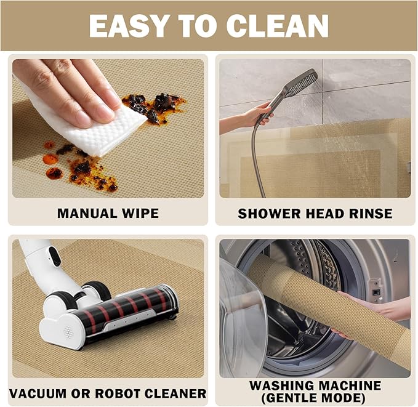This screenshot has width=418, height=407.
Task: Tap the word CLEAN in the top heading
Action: click(x=277, y=26)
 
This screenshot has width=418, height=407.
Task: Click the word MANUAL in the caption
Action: click(x=87, y=214)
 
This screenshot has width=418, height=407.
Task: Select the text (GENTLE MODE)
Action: click(x=313, y=398)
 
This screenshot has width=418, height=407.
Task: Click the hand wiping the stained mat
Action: click(x=66, y=91)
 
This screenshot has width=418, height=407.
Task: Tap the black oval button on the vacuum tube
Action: click(x=55, y=256)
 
